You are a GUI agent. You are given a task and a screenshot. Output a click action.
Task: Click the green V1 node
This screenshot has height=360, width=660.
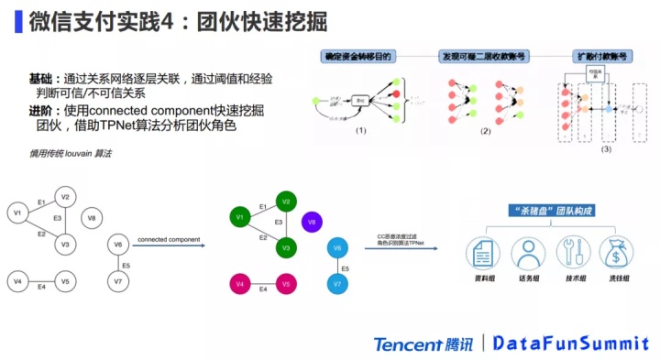pos(238,217)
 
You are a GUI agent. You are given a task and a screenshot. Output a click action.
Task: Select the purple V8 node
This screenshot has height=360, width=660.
pos(311,222)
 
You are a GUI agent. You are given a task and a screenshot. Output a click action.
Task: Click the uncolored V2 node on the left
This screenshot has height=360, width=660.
pos(64,196)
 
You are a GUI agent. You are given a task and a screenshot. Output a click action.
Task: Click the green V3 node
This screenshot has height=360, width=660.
pos(286,248)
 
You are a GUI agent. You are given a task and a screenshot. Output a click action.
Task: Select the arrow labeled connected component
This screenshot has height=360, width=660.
pos(170,245)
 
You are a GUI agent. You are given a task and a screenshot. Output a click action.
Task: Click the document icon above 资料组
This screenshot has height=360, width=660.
pos(481,252)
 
